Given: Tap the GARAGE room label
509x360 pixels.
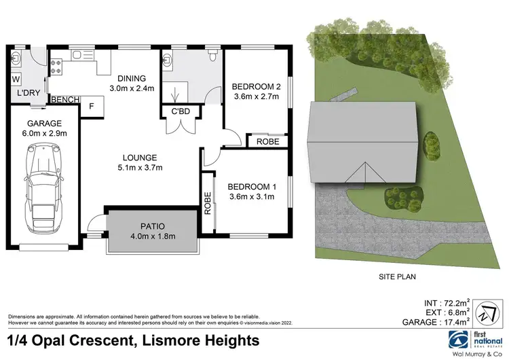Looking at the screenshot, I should (x=45, y=124).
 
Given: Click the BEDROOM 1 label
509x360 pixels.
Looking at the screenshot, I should (x=252, y=186).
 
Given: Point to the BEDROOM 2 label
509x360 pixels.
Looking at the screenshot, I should (x=257, y=86).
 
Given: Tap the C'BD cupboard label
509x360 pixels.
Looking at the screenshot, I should (x=180, y=111).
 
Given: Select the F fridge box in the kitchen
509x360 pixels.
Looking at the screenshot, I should (x=92, y=107).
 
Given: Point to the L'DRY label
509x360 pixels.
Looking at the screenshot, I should (x=28, y=92).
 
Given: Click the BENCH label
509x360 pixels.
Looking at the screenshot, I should (x=64, y=100).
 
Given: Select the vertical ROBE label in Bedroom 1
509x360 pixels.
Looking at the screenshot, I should (x=208, y=203).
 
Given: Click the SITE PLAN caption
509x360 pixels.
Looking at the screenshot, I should (x=397, y=276).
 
